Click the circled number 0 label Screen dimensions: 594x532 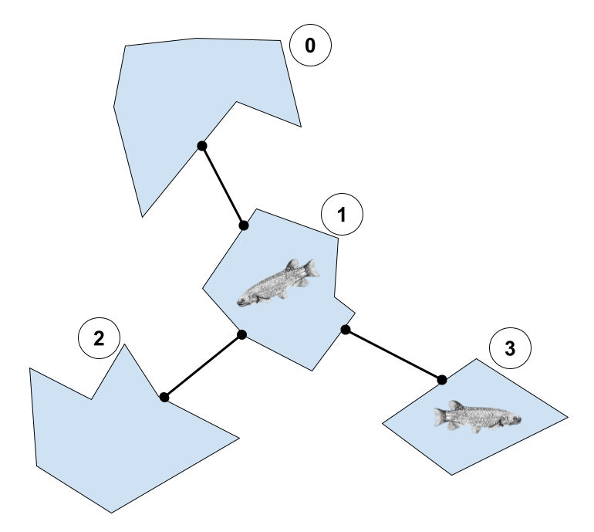(310, 45)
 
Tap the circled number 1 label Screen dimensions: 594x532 (342, 214)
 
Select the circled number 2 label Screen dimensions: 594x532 (99, 338)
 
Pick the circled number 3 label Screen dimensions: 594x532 (510, 347)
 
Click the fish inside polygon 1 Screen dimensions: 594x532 (278, 283)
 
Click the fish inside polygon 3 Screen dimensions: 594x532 (478, 416)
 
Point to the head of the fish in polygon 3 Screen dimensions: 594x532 (513, 418)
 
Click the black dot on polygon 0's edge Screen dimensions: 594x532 (202, 146)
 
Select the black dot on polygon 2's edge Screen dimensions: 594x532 (164, 398)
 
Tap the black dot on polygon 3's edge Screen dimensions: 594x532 (442, 380)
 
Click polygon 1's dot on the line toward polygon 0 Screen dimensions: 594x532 (244, 225)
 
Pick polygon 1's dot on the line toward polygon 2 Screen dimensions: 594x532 (241, 335)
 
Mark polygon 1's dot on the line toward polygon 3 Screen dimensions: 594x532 (346, 330)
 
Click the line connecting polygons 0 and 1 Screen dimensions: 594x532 (223, 186)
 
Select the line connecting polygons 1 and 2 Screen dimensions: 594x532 (203, 366)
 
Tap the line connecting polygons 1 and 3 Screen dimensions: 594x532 (393, 354)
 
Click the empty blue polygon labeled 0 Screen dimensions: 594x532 (182, 95)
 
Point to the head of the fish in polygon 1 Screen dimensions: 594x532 (245, 300)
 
